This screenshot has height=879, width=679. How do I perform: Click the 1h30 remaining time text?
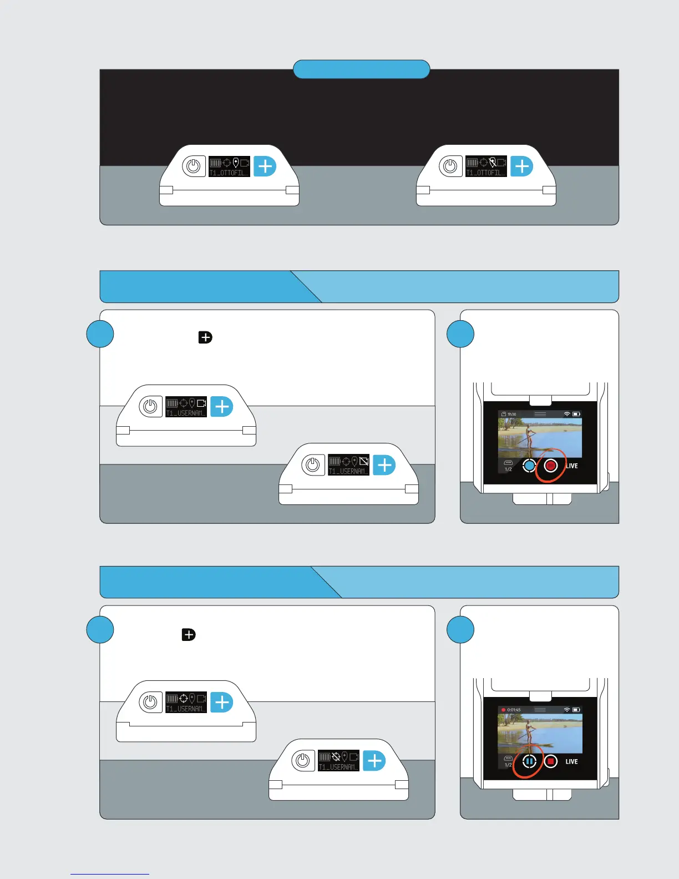(511, 415)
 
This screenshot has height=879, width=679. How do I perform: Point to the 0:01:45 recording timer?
(514, 710)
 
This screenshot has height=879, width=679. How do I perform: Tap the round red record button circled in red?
(551, 466)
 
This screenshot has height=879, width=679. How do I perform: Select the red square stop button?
(551, 762)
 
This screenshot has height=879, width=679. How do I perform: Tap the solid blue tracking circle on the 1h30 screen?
(529, 466)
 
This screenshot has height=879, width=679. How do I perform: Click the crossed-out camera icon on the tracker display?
(364, 461)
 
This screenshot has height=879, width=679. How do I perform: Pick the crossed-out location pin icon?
(492, 163)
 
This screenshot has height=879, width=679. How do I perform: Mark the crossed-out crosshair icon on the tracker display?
(336, 756)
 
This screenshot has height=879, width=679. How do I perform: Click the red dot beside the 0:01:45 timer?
(504, 710)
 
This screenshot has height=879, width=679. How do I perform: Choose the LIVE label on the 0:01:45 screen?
(571, 762)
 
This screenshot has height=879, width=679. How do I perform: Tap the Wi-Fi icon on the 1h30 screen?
(566, 415)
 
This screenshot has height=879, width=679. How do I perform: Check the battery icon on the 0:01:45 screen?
(576, 710)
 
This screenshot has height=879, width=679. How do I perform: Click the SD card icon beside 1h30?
(503, 415)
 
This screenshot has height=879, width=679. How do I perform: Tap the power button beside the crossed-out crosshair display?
(303, 760)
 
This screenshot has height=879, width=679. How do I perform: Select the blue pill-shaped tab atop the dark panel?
(361, 69)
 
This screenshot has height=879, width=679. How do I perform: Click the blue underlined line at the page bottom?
(110, 875)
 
